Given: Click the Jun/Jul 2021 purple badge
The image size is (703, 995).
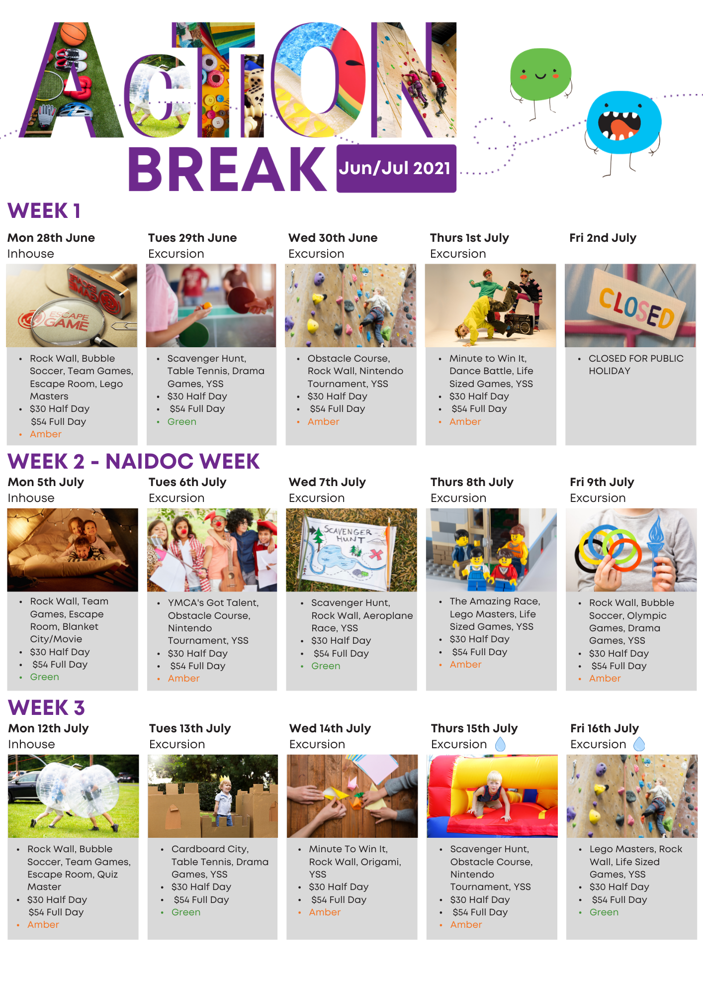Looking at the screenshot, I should (x=396, y=168).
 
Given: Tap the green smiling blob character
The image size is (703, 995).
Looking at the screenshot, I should (x=540, y=74).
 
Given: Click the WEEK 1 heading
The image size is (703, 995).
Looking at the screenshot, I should (x=44, y=210).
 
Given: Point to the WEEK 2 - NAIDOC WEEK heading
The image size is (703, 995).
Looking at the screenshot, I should (x=133, y=461).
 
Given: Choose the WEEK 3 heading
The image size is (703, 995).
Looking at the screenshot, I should (x=46, y=707).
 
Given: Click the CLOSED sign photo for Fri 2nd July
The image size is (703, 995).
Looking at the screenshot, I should (x=630, y=305).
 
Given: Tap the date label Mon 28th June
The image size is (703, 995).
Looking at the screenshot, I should (x=51, y=238).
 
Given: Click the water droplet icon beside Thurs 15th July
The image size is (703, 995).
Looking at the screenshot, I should (x=500, y=744).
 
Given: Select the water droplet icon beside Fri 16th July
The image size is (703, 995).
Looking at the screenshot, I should (x=639, y=744).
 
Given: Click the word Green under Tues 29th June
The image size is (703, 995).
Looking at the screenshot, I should (x=182, y=421).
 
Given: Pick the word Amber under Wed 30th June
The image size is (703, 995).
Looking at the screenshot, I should (x=323, y=421).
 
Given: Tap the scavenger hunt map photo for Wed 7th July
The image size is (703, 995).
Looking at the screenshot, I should (x=351, y=550).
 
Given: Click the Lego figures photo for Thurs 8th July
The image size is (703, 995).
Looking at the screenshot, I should (x=491, y=550).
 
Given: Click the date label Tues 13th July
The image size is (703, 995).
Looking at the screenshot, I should (x=190, y=728).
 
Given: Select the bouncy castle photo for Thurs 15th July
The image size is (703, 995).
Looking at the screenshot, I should (x=492, y=796).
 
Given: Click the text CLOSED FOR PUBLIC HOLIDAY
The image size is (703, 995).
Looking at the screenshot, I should (x=635, y=365).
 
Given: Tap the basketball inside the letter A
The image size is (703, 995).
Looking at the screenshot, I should (x=75, y=33).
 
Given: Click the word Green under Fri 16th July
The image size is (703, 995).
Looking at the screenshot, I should (x=604, y=912).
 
